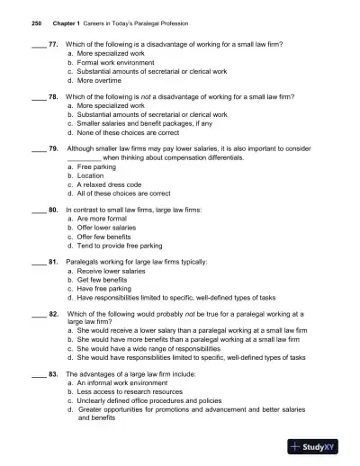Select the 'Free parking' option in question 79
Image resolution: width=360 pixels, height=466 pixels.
click(98, 167)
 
